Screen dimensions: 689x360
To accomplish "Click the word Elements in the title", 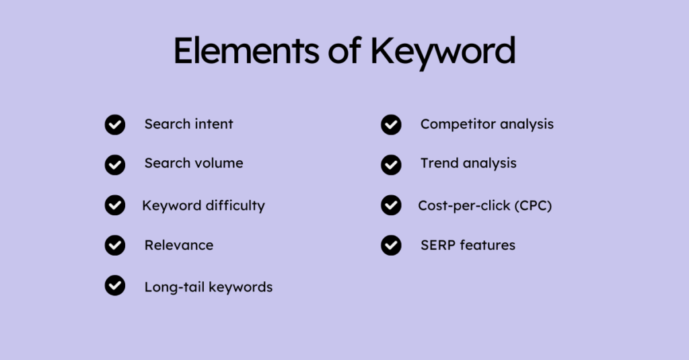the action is (x=246, y=51).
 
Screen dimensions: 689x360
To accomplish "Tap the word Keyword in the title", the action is (x=443, y=52).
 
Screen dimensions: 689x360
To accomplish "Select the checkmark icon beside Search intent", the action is (x=115, y=125).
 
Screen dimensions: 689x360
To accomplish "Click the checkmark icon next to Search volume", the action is (x=115, y=165).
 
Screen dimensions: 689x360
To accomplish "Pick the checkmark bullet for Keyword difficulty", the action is (x=115, y=205).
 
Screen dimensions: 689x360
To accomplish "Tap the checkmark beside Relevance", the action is (x=115, y=246).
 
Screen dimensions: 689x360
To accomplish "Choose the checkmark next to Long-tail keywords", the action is (x=115, y=286).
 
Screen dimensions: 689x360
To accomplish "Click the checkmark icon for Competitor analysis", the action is (x=391, y=125).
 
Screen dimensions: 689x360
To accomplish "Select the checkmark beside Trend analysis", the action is (x=391, y=165).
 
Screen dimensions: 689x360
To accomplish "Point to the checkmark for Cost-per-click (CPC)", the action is (x=391, y=205).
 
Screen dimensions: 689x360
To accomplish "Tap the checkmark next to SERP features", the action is (x=391, y=246).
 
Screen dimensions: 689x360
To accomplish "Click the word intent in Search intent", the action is (x=214, y=124).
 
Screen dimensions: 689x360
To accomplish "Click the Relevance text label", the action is (x=179, y=246).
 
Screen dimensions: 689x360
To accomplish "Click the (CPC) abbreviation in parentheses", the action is (x=533, y=206).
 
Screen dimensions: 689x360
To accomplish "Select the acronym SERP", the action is (x=437, y=246).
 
